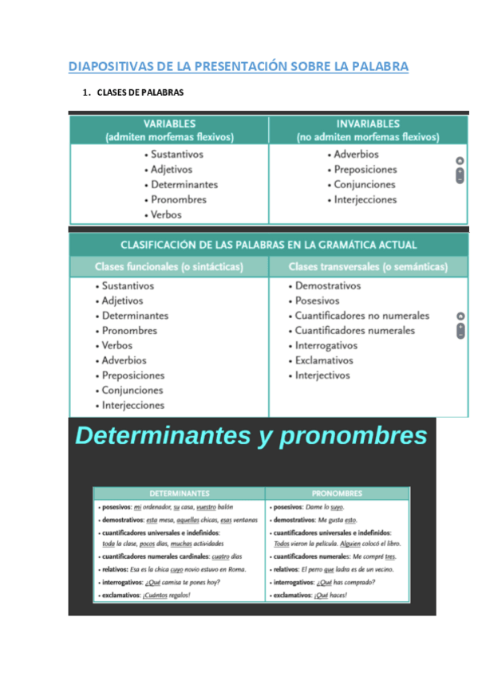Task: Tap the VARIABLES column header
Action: pyautogui.click(x=169, y=124)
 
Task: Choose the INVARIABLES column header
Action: pyautogui.click(x=368, y=124)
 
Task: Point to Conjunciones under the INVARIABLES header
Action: pyautogui.click(x=364, y=185)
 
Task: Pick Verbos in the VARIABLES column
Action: pyautogui.click(x=166, y=214)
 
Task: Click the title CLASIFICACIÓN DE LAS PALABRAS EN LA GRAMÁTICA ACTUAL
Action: pyautogui.click(x=268, y=246)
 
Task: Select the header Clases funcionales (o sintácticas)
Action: pyautogui.click(x=168, y=267)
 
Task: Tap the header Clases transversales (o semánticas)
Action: pyautogui.click(x=367, y=267)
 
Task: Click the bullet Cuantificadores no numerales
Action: pyautogui.click(x=361, y=316)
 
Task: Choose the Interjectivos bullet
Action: pyautogui.click(x=322, y=375)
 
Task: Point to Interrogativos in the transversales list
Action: pyautogui.click(x=326, y=346)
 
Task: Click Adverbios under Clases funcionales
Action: pyautogui.click(x=124, y=360)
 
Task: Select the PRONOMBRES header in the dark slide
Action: pyautogui.click(x=337, y=493)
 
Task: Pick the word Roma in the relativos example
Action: pyautogui.click(x=238, y=570)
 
